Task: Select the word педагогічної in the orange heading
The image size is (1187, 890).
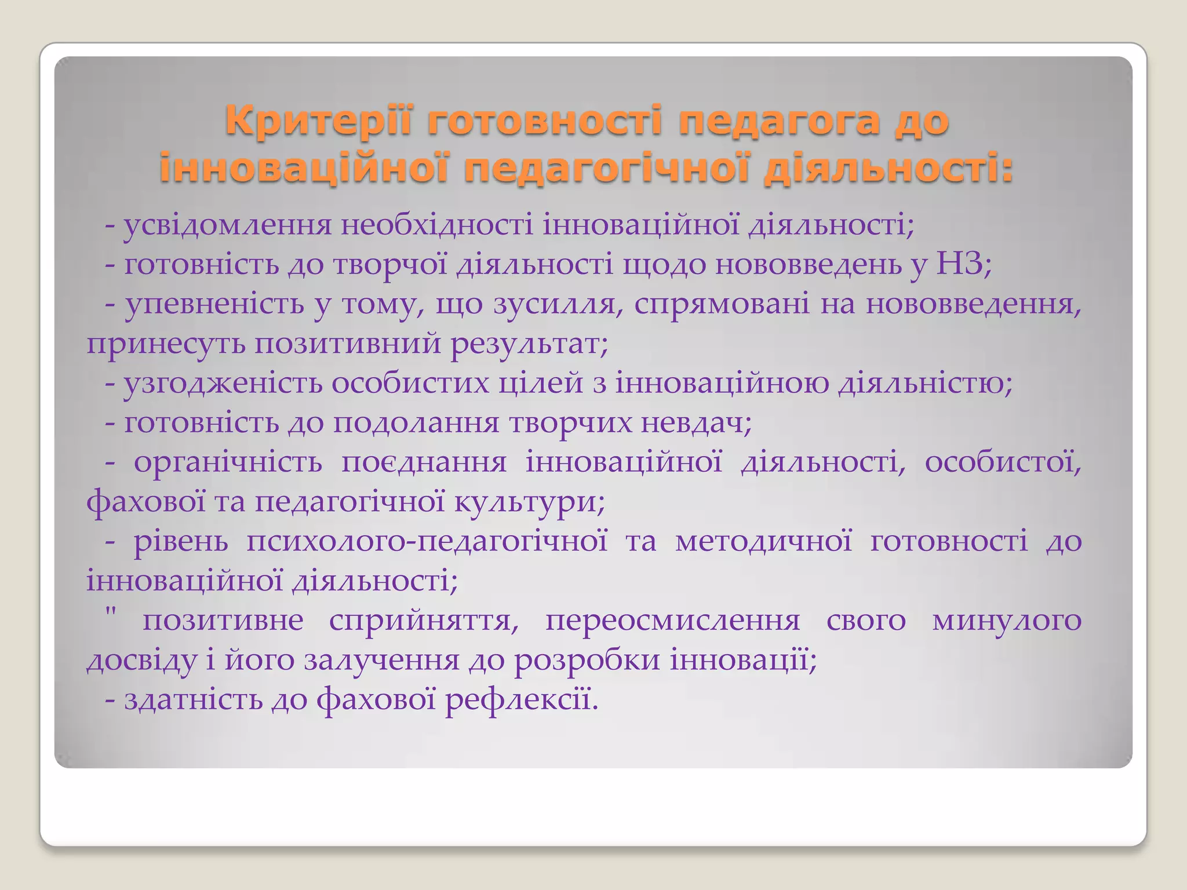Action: [x=606, y=170]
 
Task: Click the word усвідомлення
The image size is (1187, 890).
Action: [x=227, y=226]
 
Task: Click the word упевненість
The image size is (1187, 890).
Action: [x=214, y=304]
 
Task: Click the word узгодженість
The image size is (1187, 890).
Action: [x=223, y=384]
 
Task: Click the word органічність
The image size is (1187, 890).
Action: [x=228, y=463]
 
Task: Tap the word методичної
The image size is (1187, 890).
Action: [x=763, y=542]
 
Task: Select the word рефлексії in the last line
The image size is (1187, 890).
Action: [x=521, y=700]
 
